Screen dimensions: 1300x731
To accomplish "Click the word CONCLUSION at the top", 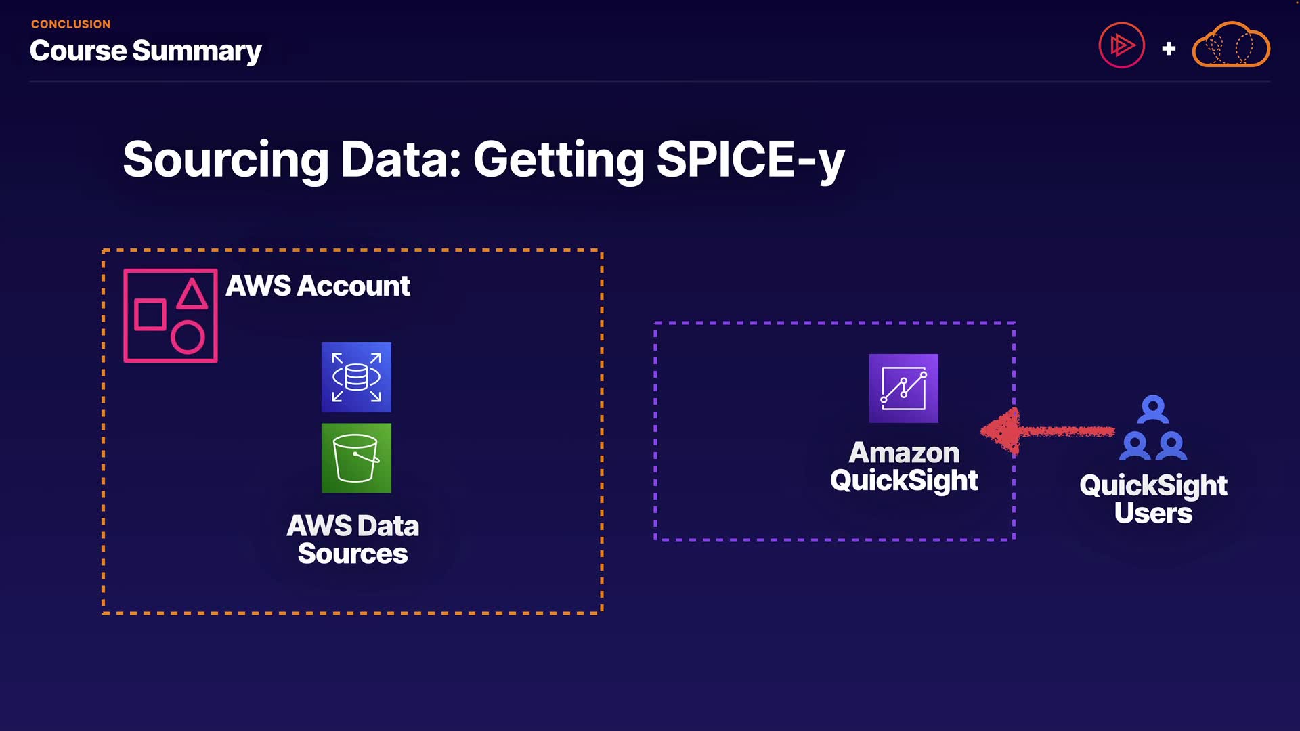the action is pyautogui.click(x=70, y=24).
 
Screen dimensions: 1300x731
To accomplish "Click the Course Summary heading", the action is pyautogui.click(x=146, y=51).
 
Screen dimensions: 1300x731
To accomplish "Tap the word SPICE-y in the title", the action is pyautogui.click(x=750, y=160).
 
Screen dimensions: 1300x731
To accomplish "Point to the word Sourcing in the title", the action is pyautogui.click(x=225, y=160).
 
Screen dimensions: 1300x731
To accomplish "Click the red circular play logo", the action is pyautogui.click(x=1121, y=46).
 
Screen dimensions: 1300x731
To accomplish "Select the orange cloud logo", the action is pyautogui.click(x=1230, y=46).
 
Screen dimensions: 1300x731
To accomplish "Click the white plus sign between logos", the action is pyautogui.click(x=1169, y=49).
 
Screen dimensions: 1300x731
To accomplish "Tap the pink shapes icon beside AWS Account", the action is pyautogui.click(x=171, y=315).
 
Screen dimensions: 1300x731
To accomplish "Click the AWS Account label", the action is pyautogui.click(x=318, y=286).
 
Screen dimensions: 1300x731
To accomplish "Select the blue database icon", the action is pyautogui.click(x=356, y=377).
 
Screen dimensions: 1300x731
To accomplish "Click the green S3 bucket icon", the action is pyautogui.click(x=356, y=458).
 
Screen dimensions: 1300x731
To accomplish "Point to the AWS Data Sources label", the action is pyautogui.click(x=353, y=539).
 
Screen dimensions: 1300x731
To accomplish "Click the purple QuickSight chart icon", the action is pyautogui.click(x=903, y=389).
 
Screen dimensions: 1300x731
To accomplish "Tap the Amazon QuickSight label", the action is pyautogui.click(x=904, y=466).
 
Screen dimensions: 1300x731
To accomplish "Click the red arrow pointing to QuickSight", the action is pyautogui.click(x=1046, y=431).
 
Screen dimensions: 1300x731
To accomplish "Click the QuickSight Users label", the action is pyautogui.click(x=1153, y=499).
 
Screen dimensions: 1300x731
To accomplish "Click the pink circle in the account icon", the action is pyautogui.click(x=188, y=336).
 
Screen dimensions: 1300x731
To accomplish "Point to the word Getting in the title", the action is pyautogui.click(x=559, y=160).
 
